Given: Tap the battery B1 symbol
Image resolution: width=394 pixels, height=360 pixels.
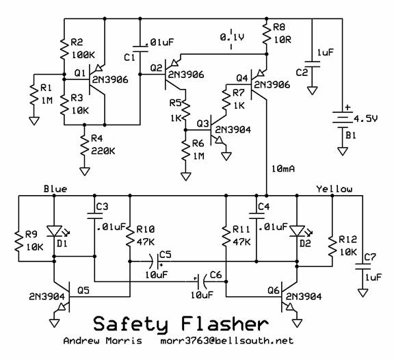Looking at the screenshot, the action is click(342, 119).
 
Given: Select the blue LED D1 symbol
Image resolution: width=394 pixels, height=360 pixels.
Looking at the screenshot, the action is click(55, 231).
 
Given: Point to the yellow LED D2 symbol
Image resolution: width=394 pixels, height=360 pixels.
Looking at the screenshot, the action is click(297, 231).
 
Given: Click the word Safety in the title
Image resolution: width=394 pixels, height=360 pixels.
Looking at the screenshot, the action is click(131, 324).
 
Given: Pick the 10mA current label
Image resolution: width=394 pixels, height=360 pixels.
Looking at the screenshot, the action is click(283, 168).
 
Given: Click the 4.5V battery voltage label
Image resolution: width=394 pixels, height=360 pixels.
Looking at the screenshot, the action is click(365, 118).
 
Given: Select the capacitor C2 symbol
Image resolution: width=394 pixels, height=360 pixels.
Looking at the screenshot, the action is click(312, 64).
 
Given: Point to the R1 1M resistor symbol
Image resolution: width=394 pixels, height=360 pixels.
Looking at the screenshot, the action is click(34, 95).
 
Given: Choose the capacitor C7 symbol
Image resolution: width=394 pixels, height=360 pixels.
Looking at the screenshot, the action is click(363, 266).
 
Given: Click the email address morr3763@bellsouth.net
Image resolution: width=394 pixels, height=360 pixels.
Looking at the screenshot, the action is click(227, 341).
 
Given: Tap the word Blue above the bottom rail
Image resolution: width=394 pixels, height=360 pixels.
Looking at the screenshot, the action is click(55, 189).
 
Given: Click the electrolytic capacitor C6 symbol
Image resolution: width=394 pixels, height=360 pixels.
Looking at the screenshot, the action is click(202, 281).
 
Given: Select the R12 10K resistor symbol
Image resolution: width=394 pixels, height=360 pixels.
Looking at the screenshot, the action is click(332, 246).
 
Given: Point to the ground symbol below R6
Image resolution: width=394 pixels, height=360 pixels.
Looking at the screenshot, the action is click(186, 177).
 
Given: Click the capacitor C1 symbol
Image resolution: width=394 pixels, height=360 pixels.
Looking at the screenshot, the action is click(140, 49).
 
